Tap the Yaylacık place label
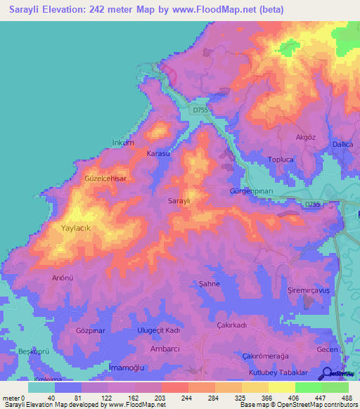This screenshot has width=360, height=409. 77,228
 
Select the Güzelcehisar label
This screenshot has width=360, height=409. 105,179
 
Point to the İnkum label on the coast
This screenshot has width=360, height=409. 123,143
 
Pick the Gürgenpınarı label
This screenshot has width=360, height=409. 251,192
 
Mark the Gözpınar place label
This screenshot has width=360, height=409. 90,330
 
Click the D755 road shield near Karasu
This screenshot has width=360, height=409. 200,110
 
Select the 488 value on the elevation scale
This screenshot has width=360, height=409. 347,397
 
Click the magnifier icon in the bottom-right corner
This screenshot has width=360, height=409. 328,374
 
